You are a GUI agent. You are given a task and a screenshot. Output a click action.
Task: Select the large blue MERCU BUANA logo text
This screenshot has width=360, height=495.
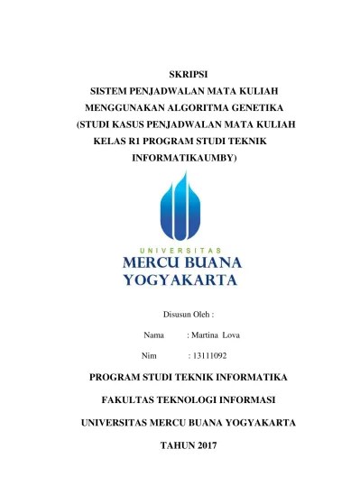tap(180, 263)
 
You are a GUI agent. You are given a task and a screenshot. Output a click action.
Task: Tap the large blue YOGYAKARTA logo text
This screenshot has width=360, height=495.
tap(180, 280)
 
